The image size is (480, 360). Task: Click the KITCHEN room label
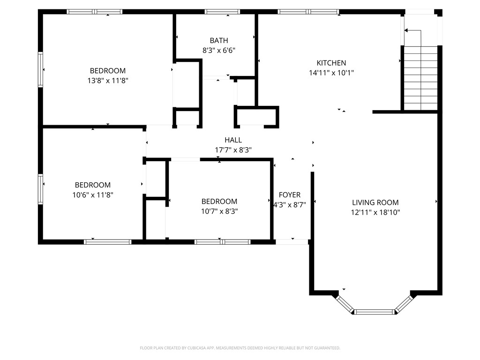[x=331, y=63]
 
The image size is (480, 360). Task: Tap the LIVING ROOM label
[x=375, y=202]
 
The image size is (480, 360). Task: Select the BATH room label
[x=219, y=40]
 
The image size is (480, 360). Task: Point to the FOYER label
[x=290, y=195]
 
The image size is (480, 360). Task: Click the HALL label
[x=233, y=140]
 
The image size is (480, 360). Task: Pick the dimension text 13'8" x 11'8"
[x=108, y=81]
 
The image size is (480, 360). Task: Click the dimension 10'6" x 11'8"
[x=93, y=195]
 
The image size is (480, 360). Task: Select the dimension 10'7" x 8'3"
[x=219, y=211]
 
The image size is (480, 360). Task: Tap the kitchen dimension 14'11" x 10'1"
[x=331, y=73]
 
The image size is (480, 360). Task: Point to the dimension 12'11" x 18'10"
[x=375, y=212]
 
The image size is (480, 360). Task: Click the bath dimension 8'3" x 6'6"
[x=219, y=50]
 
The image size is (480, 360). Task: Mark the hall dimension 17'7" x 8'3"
[x=233, y=150]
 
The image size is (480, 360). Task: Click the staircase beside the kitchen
[x=421, y=78]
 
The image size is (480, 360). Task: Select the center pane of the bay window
[x=375, y=312]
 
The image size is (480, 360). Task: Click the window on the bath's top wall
[x=222, y=12]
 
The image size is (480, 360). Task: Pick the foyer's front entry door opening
[x=292, y=242]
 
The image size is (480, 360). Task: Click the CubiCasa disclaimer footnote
[x=240, y=348]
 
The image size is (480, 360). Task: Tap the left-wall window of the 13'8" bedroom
[x=40, y=70]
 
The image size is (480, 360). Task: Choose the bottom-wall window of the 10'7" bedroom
[x=223, y=242]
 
